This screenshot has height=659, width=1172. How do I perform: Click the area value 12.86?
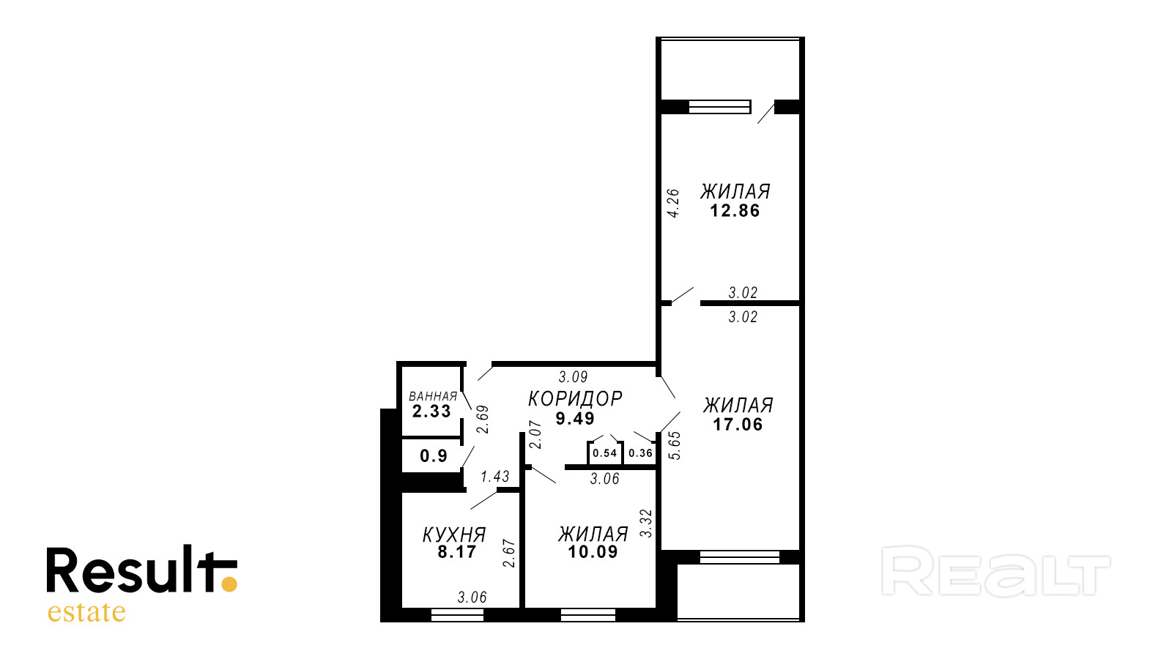point(735,211)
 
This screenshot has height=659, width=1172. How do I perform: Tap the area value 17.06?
point(738,424)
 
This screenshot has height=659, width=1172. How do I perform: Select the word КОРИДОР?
point(575,399)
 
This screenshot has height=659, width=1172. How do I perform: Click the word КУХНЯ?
point(454,535)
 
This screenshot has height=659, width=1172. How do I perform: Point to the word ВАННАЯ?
point(433,396)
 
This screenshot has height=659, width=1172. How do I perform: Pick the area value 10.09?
point(593,552)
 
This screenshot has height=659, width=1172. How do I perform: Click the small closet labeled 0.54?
point(605,453)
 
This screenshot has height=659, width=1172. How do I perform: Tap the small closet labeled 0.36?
point(640,453)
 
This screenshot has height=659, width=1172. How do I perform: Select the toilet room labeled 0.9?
point(431,455)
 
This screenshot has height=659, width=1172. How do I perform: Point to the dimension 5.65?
point(675,446)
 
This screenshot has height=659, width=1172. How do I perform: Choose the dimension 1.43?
point(495,477)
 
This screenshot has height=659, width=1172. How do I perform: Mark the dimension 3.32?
point(646,524)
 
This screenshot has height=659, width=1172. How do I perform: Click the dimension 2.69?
point(483,420)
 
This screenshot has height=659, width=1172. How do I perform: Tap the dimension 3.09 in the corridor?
point(573,376)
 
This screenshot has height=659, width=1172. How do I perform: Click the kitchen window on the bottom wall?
point(457,615)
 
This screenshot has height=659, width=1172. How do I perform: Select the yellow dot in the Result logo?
point(229,584)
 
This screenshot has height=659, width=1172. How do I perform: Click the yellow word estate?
point(86,612)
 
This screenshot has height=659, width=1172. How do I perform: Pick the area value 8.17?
point(457,552)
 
